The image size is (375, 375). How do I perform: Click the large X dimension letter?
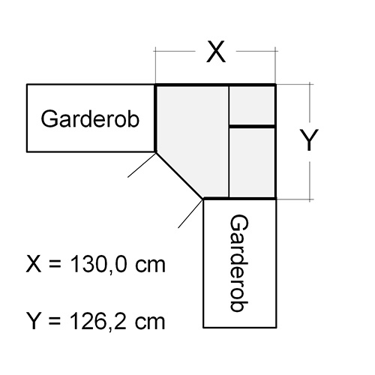pyautogui.click(x=216, y=52)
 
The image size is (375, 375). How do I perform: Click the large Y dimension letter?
pyautogui.click(x=309, y=140)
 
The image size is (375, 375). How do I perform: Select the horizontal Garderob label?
pyautogui.click(x=90, y=119)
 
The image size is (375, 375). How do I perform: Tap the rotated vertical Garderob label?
pyautogui.click(x=239, y=263)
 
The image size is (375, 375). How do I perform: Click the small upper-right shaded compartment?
pyautogui.click(x=252, y=105)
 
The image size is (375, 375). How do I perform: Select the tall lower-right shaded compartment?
pyautogui.click(x=252, y=163)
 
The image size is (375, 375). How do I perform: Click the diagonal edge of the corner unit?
pyautogui.click(x=179, y=175)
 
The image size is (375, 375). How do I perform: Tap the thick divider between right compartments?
pyautogui.click(x=252, y=127)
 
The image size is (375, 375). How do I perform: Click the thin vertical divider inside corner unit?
pyautogui.click(x=229, y=142)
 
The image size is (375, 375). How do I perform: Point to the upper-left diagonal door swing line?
pyautogui.click(x=142, y=165)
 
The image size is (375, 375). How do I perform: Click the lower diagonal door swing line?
pyautogui.click(x=190, y=214)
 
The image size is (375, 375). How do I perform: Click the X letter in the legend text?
pyautogui.click(x=34, y=265)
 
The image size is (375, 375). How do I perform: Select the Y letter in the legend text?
pyautogui.click(x=34, y=321)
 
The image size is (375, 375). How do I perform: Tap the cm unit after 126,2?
pyautogui.click(x=150, y=323)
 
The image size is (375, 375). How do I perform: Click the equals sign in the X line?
pyautogui.click(x=55, y=265)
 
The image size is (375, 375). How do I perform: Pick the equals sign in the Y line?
pyautogui.click(x=55, y=322)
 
